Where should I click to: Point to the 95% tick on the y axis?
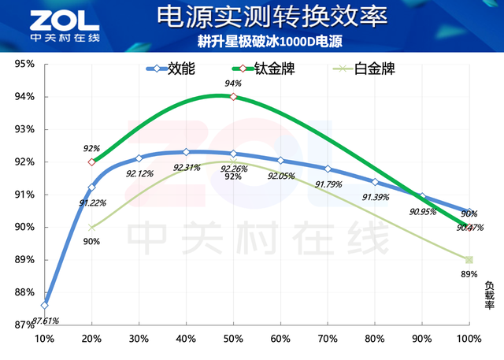[24, 65]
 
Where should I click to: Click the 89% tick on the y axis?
[24, 260]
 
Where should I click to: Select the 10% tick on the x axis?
[45, 339]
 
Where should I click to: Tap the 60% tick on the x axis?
[280, 339]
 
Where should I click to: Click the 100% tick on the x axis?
[469, 339]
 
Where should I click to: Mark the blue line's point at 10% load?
[45, 305]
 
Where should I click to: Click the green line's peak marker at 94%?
[233, 97]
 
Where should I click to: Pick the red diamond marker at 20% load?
[92, 162]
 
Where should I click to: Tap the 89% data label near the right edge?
[469, 274]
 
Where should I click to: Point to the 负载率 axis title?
[489, 295]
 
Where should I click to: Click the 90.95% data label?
[424, 211]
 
